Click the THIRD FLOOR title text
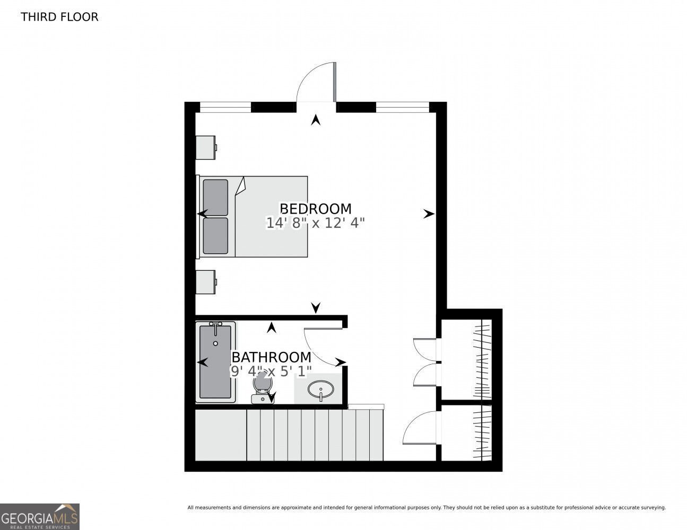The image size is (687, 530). click(x=59, y=17)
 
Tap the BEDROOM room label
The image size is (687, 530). click(x=315, y=209)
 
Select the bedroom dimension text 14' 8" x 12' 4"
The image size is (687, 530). click(x=315, y=223)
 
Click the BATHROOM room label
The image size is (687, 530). click(x=272, y=357)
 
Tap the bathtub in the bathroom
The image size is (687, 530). click(x=215, y=362)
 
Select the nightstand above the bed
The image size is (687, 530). click(x=206, y=147)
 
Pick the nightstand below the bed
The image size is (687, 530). click(x=206, y=282)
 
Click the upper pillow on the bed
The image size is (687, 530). click(x=215, y=197)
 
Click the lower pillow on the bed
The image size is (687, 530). click(x=215, y=236)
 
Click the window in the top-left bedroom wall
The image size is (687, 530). click(x=225, y=107)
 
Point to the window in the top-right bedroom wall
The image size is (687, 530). click(x=402, y=107)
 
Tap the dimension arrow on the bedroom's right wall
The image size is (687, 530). click(x=429, y=214)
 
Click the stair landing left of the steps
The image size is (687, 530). click(x=221, y=435)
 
